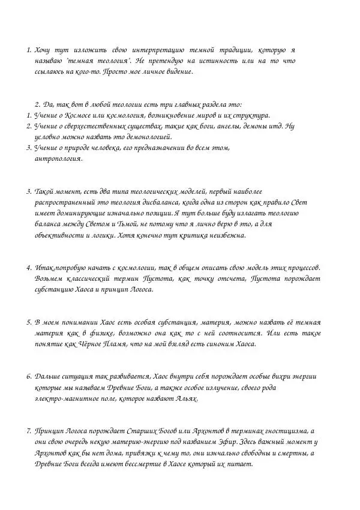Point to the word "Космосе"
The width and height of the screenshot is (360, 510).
[x=77, y=115]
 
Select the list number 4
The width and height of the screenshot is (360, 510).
[x=28, y=267]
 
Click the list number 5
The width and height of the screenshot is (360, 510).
[x=28, y=322]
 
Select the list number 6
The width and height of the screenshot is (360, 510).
[x=28, y=376]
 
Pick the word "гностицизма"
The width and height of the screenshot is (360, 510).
[x=283, y=431]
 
